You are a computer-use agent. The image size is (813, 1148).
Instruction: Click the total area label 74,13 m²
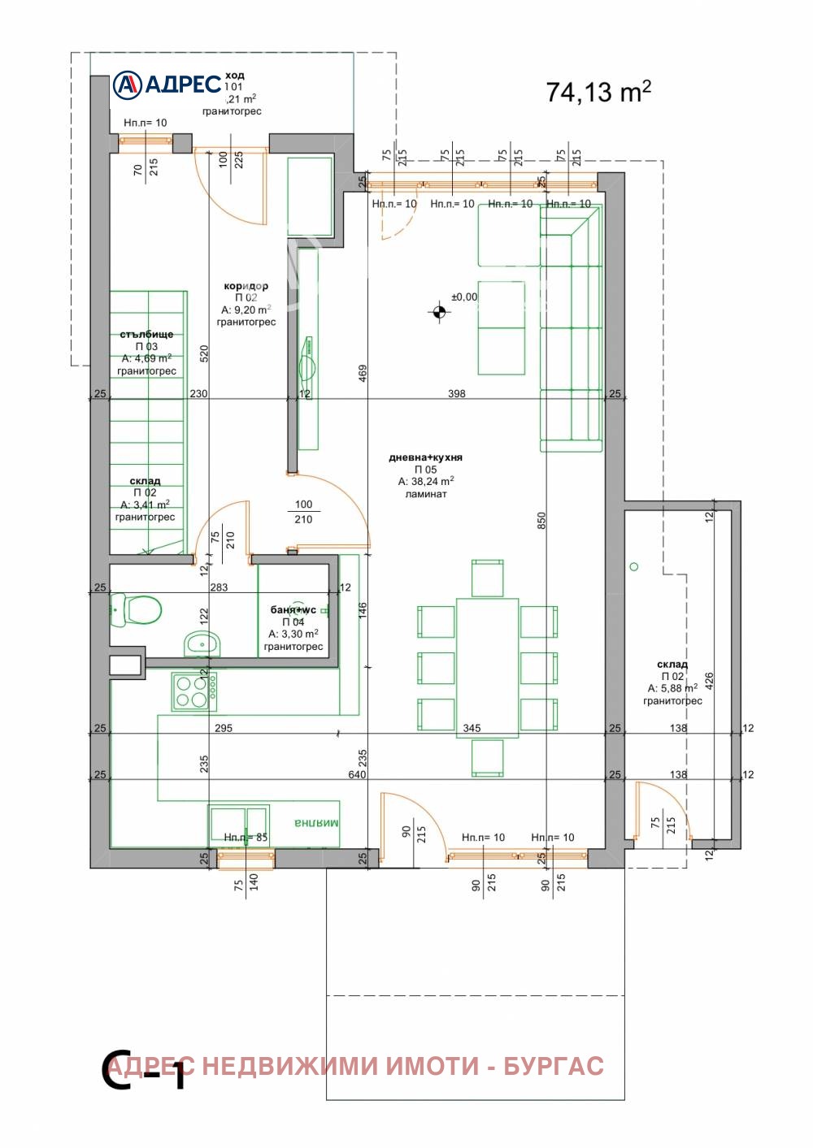598,92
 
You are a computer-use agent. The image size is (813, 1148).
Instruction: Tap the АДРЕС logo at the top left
167,84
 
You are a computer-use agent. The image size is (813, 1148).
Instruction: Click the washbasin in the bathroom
201,643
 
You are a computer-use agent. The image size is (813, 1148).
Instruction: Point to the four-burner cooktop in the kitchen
193,691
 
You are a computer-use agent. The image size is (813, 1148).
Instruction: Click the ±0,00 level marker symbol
440,312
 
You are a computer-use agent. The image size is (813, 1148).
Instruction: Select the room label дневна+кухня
425,457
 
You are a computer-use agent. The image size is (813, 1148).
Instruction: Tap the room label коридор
246,286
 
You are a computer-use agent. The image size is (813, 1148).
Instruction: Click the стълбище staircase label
146,334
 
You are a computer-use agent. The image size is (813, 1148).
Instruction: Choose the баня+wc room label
293,609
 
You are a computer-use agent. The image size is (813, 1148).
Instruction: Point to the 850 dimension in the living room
541,520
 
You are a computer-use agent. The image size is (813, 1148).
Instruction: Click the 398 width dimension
457,393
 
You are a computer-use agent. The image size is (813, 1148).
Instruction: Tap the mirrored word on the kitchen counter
316,823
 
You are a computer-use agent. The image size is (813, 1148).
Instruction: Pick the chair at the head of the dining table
487,578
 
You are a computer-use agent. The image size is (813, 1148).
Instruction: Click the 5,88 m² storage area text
672,688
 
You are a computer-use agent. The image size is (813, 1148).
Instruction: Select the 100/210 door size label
303,512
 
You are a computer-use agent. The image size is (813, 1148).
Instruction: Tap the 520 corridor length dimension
204,353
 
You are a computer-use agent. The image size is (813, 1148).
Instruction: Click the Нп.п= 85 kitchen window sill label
246,837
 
